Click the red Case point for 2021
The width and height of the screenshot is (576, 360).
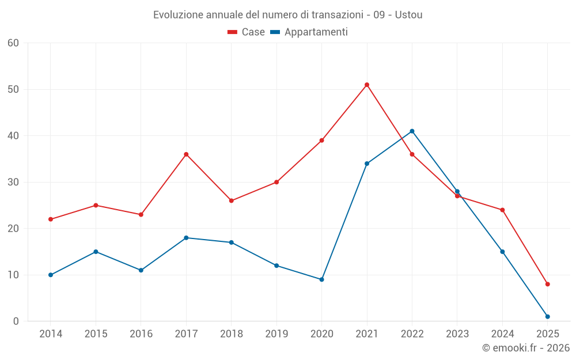pyautogui.click(x=367, y=85)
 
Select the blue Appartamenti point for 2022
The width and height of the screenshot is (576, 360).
pyautogui.click(x=412, y=131)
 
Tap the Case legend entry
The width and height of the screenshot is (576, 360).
pyautogui.click(x=247, y=32)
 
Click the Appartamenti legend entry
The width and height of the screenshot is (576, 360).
pyautogui.click(x=309, y=32)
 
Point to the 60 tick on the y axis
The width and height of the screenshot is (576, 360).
pyautogui.click(x=13, y=43)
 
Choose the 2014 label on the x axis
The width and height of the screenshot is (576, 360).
pyautogui.click(x=51, y=334)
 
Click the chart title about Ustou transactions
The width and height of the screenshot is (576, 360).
pyautogui.click(x=287, y=14)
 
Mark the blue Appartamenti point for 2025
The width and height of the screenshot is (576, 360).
pyautogui.click(x=548, y=316)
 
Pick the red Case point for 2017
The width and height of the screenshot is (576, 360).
pyautogui.click(x=186, y=154)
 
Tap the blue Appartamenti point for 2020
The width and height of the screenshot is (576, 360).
pyautogui.click(x=321, y=279)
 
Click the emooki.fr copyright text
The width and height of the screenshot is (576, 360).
pyautogui.click(x=525, y=348)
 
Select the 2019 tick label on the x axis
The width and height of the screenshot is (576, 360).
pyautogui.click(x=276, y=334)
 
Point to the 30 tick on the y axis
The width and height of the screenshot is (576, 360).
pyautogui.click(x=13, y=182)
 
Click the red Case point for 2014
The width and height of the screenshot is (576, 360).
pyautogui.click(x=51, y=219)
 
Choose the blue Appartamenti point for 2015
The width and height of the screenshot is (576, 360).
pyautogui.click(x=96, y=252)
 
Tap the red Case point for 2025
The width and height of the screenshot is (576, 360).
pyautogui.click(x=548, y=284)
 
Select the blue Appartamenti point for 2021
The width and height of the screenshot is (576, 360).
pyautogui.click(x=367, y=164)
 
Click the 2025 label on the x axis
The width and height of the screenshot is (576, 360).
pyautogui.click(x=548, y=334)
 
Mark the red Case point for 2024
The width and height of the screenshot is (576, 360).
pyautogui.click(x=502, y=210)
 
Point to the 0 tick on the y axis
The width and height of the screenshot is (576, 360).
pyautogui.click(x=16, y=321)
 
